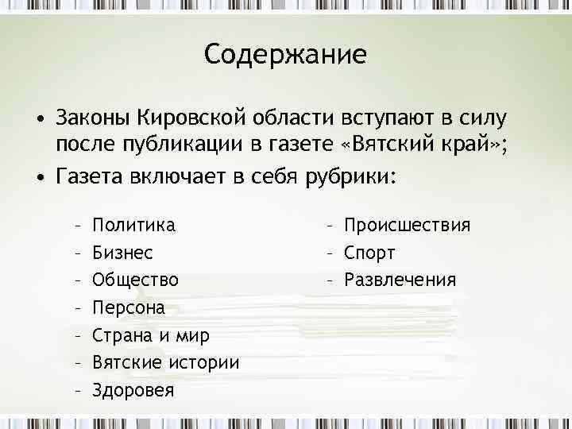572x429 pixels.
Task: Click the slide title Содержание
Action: click(285, 55)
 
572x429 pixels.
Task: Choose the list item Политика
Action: click(134, 226)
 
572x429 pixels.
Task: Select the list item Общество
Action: click(135, 280)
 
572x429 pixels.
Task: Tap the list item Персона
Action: click(129, 307)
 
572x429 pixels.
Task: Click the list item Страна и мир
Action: click(151, 335)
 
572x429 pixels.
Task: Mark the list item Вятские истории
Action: click(165, 363)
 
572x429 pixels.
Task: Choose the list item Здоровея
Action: click(133, 391)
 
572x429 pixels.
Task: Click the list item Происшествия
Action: click(407, 226)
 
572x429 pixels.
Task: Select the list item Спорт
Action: click(369, 253)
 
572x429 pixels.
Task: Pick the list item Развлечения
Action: click(400, 280)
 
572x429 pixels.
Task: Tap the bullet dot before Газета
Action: click(38, 175)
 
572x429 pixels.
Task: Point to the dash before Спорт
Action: click(329, 253)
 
